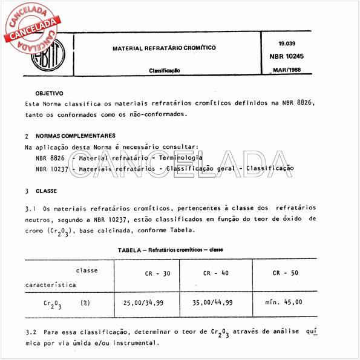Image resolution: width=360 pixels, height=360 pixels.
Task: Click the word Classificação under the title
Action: point(165,71)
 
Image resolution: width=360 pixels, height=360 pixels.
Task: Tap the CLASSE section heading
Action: point(46,191)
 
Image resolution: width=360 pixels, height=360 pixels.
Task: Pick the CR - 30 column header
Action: point(152,273)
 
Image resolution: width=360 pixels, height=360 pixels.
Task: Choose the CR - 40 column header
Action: point(216,273)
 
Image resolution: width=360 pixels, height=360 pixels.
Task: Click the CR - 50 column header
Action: point(286,273)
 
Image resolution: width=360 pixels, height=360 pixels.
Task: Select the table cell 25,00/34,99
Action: point(147,302)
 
